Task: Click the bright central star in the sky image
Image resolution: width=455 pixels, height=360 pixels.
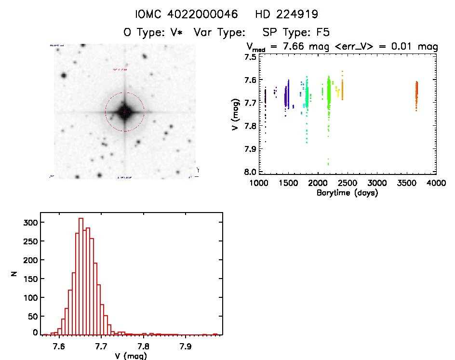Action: [124, 111]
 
